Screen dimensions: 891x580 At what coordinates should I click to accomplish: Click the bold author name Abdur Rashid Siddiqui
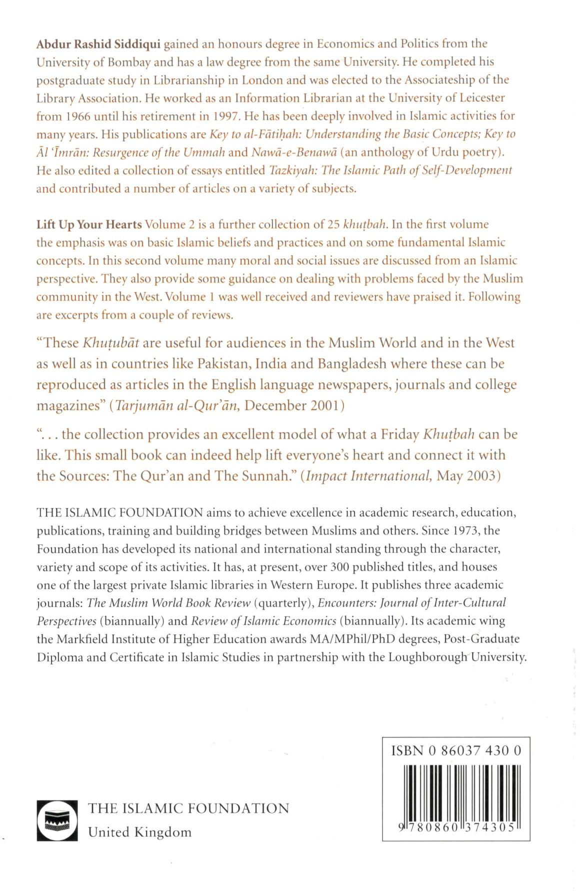click(x=98, y=44)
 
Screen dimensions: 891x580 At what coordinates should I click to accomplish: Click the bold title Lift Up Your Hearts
click(x=89, y=224)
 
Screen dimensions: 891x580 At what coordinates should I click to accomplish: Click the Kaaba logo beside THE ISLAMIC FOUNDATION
click(x=57, y=820)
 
